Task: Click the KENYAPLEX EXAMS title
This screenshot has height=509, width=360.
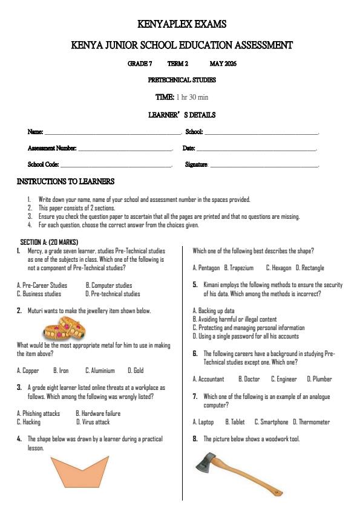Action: click(x=182, y=25)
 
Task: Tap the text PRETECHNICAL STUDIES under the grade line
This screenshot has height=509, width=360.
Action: click(x=182, y=80)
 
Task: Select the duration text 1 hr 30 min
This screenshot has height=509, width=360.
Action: click(x=192, y=97)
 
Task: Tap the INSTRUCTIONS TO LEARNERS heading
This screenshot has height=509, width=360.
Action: click(x=65, y=181)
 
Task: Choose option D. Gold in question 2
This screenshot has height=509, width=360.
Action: click(x=136, y=371)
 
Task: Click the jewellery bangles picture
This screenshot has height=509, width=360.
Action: click(x=64, y=330)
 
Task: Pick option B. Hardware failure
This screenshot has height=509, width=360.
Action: click(x=98, y=413)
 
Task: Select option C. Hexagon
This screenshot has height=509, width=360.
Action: click(x=278, y=268)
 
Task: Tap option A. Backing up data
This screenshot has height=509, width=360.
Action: click(x=214, y=311)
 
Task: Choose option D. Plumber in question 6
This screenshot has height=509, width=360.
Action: click(x=319, y=379)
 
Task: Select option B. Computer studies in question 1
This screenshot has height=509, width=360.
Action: click(x=109, y=285)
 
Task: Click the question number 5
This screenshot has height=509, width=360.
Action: click(x=195, y=285)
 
